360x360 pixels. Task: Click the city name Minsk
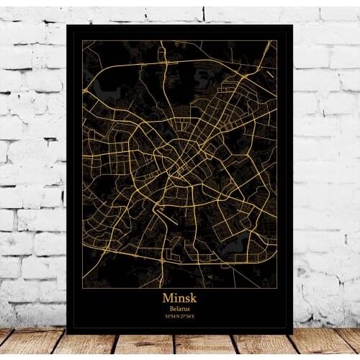click(180, 297)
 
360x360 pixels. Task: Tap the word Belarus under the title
click(180, 308)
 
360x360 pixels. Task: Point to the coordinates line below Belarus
click(180, 317)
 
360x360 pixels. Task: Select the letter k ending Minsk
click(195, 297)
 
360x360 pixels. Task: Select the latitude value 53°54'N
click(173, 317)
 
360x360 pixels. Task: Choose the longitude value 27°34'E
click(187, 317)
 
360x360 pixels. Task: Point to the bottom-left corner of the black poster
click(66, 333)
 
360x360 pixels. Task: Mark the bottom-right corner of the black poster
click(293, 333)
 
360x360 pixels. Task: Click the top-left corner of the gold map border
click(82, 40)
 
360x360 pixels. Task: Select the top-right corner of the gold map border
click(277, 40)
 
